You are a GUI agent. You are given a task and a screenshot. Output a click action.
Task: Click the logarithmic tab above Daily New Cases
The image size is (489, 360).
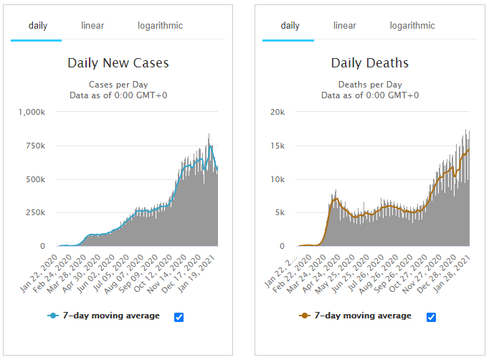[160, 26]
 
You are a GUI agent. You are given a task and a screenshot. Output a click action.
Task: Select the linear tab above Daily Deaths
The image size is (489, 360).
[344, 26]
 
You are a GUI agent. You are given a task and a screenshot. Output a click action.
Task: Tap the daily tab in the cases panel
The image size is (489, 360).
[38, 26]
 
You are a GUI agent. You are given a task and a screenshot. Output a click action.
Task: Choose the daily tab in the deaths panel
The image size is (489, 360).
[290, 26]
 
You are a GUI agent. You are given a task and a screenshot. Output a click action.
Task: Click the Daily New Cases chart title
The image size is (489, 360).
[118, 63]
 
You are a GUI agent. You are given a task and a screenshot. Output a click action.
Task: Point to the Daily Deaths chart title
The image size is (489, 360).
[370, 63]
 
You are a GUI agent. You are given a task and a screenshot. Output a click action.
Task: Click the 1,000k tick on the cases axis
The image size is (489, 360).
[32, 113]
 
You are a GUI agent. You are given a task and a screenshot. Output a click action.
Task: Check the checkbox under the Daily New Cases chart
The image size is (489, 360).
[179, 317]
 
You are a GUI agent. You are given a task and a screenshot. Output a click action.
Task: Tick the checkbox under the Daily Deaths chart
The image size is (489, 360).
[431, 317]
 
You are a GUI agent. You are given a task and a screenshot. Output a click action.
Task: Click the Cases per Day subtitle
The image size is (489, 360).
[118, 83]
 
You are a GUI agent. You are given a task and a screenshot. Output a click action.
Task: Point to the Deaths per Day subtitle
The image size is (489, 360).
[370, 83]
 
